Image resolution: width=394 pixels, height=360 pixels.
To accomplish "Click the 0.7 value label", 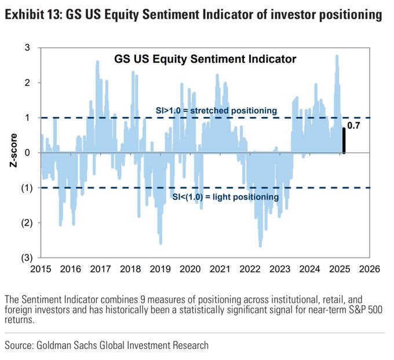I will pos(353,125).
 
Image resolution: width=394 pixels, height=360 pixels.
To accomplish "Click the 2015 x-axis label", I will pos(41,269).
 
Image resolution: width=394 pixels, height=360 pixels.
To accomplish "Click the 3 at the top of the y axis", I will pos(27,48).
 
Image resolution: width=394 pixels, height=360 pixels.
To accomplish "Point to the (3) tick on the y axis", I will pos(26,257).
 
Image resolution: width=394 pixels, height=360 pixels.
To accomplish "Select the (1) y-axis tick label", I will pos(26,188).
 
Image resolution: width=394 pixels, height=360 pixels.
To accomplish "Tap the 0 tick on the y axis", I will pos(27,152).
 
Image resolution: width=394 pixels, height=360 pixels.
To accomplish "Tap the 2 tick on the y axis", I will pos(27,83).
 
